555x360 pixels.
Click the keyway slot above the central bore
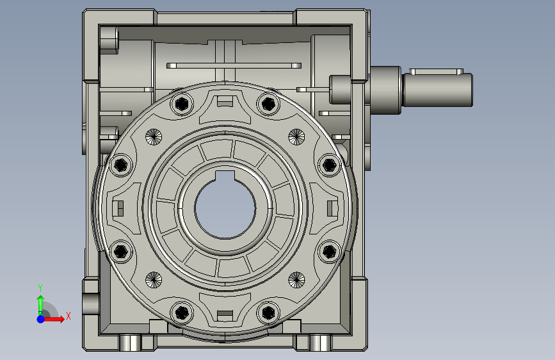click(225, 176)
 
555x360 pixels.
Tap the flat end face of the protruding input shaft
click(472, 90)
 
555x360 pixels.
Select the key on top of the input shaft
click(436, 72)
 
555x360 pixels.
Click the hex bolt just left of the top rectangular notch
click(182, 104)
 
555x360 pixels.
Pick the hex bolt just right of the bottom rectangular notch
click(268, 313)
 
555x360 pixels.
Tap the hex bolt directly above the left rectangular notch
click(121, 165)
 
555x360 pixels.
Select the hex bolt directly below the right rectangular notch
click(329, 252)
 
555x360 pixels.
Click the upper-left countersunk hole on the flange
click(154, 137)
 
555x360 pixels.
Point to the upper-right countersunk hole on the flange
click(296, 137)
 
